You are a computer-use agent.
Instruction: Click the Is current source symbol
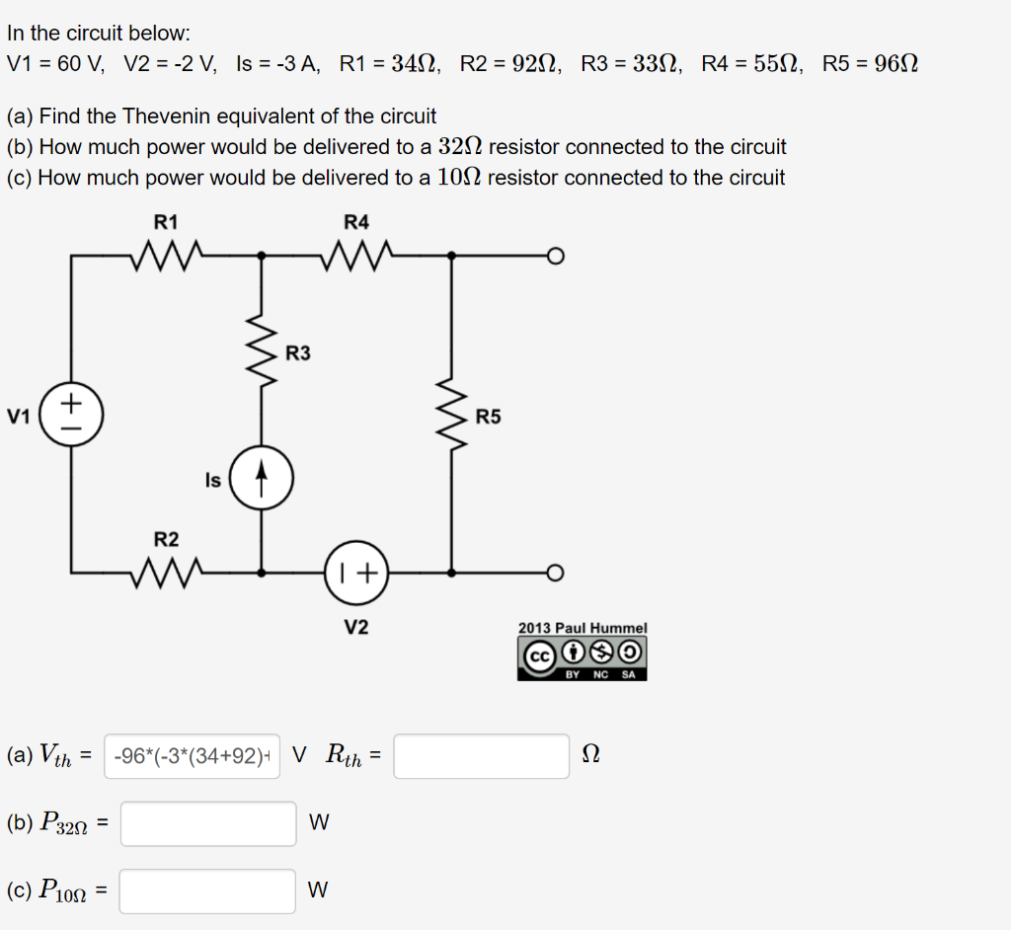click(261, 482)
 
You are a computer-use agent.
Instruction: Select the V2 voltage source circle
click(356, 572)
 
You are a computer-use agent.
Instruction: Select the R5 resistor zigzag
click(451, 415)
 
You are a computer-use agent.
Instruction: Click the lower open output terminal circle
click(556, 572)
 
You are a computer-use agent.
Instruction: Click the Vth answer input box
click(192, 756)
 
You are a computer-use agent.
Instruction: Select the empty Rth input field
click(481, 756)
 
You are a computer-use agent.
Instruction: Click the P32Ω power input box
click(207, 823)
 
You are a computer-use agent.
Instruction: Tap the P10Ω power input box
click(207, 891)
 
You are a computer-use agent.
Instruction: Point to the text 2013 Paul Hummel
click(583, 628)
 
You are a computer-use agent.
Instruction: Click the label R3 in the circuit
click(298, 352)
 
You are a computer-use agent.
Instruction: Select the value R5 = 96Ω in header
click(870, 65)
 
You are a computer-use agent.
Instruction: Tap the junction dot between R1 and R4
click(261, 256)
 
